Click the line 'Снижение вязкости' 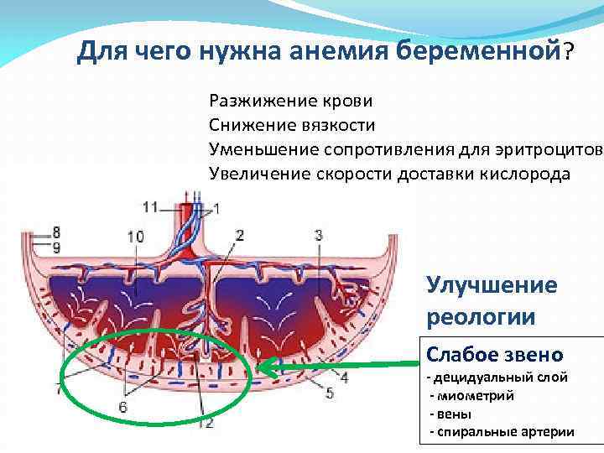coord(292,125)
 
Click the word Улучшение coord(492,285)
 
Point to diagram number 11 coord(150,206)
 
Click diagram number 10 coord(135,237)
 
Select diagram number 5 coord(330,393)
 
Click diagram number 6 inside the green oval coord(123,407)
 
